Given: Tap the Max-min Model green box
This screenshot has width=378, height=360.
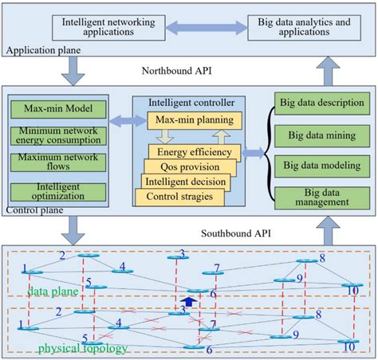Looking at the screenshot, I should pyautogui.click(x=46, y=107).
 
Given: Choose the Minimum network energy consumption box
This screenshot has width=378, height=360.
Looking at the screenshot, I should pyautogui.click(x=46, y=134).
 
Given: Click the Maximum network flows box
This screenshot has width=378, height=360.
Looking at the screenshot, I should pyautogui.click(x=46, y=162).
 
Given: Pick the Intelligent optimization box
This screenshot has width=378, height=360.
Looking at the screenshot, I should pyautogui.click(x=46, y=191).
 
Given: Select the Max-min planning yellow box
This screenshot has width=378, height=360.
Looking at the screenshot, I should pyautogui.click(x=195, y=120).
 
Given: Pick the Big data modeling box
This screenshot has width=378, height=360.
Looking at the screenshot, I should pyautogui.click(x=319, y=164).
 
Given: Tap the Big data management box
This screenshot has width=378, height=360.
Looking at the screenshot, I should pyautogui.click(x=319, y=197).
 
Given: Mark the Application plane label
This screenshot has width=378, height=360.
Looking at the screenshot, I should pyautogui.click(x=39, y=52).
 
